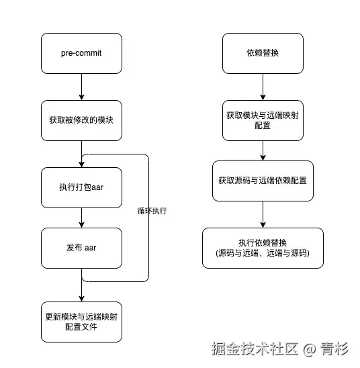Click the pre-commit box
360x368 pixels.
81,53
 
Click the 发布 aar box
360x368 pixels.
81,248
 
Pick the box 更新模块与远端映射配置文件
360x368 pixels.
81,322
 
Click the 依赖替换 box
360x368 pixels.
263,53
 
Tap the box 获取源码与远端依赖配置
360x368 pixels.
263,181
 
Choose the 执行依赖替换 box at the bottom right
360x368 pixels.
263,248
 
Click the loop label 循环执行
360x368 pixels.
152,210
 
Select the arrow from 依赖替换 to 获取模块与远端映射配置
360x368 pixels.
263,87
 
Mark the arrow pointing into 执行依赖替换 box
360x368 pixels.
263,214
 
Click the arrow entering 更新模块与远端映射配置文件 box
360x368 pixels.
81,291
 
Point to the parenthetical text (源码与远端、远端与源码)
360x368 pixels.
263,254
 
